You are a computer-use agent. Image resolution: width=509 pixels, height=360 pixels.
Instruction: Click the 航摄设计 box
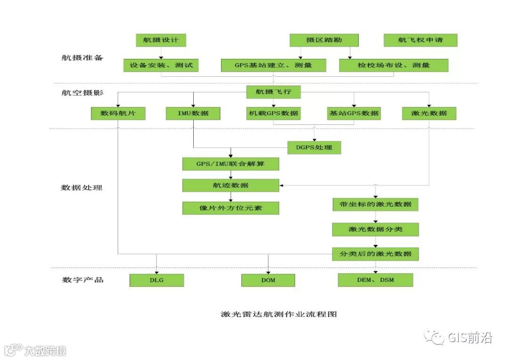161,40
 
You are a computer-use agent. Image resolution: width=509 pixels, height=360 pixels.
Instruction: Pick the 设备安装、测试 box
161,65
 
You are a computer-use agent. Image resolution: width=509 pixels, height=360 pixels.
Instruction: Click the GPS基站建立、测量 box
273,65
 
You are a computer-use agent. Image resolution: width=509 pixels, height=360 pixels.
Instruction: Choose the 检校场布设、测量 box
393,65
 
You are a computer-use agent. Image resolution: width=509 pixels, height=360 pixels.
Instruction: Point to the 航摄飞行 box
273,92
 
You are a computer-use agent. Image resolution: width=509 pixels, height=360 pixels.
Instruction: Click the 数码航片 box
118,114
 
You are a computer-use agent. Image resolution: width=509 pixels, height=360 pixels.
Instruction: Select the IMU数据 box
193,114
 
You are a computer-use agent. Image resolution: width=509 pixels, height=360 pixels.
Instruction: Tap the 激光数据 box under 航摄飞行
429,114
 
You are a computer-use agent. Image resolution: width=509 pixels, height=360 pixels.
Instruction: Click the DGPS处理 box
314,147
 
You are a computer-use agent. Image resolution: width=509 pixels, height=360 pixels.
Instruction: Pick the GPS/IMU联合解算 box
230,164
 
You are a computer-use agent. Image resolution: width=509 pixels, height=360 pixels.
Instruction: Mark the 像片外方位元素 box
230,208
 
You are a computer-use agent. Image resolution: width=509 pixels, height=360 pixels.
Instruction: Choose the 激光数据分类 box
375,229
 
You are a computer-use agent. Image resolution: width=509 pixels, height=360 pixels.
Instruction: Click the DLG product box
156,280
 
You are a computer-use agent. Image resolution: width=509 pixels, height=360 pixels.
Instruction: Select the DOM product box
268,280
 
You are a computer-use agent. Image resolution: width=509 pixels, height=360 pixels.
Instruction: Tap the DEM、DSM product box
375,280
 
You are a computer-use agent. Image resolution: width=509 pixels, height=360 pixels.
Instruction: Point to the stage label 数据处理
82,188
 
